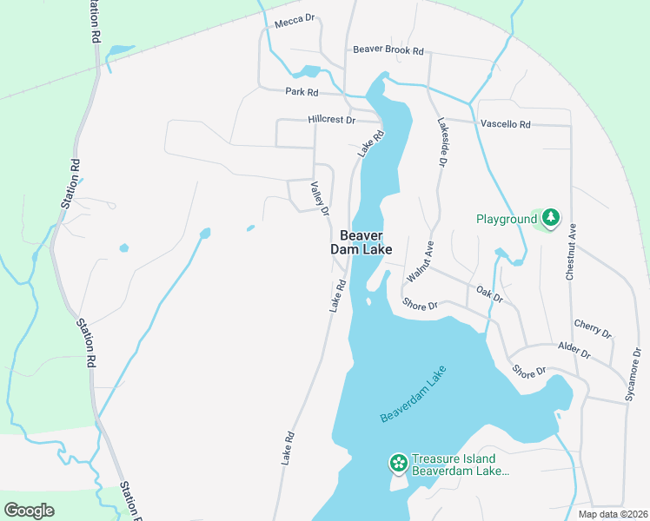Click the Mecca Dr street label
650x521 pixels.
tap(293, 22)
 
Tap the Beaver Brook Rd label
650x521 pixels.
tap(388, 50)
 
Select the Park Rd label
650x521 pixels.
tap(302, 91)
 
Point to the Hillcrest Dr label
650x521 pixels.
tap(331, 120)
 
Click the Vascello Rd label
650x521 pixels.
tap(505, 124)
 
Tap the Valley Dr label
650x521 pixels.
tap(320, 199)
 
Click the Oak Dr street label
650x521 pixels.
tap(490, 295)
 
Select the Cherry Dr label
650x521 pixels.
tap(593, 328)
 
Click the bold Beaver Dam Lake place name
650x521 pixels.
tap(361, 241)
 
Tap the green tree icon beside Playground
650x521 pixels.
tap(550, 218)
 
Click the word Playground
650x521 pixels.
tap(507, 220)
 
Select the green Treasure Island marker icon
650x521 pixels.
tap(398, 464)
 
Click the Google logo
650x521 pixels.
tap(29, 511)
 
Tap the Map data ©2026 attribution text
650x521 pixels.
tap(614, 514)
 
